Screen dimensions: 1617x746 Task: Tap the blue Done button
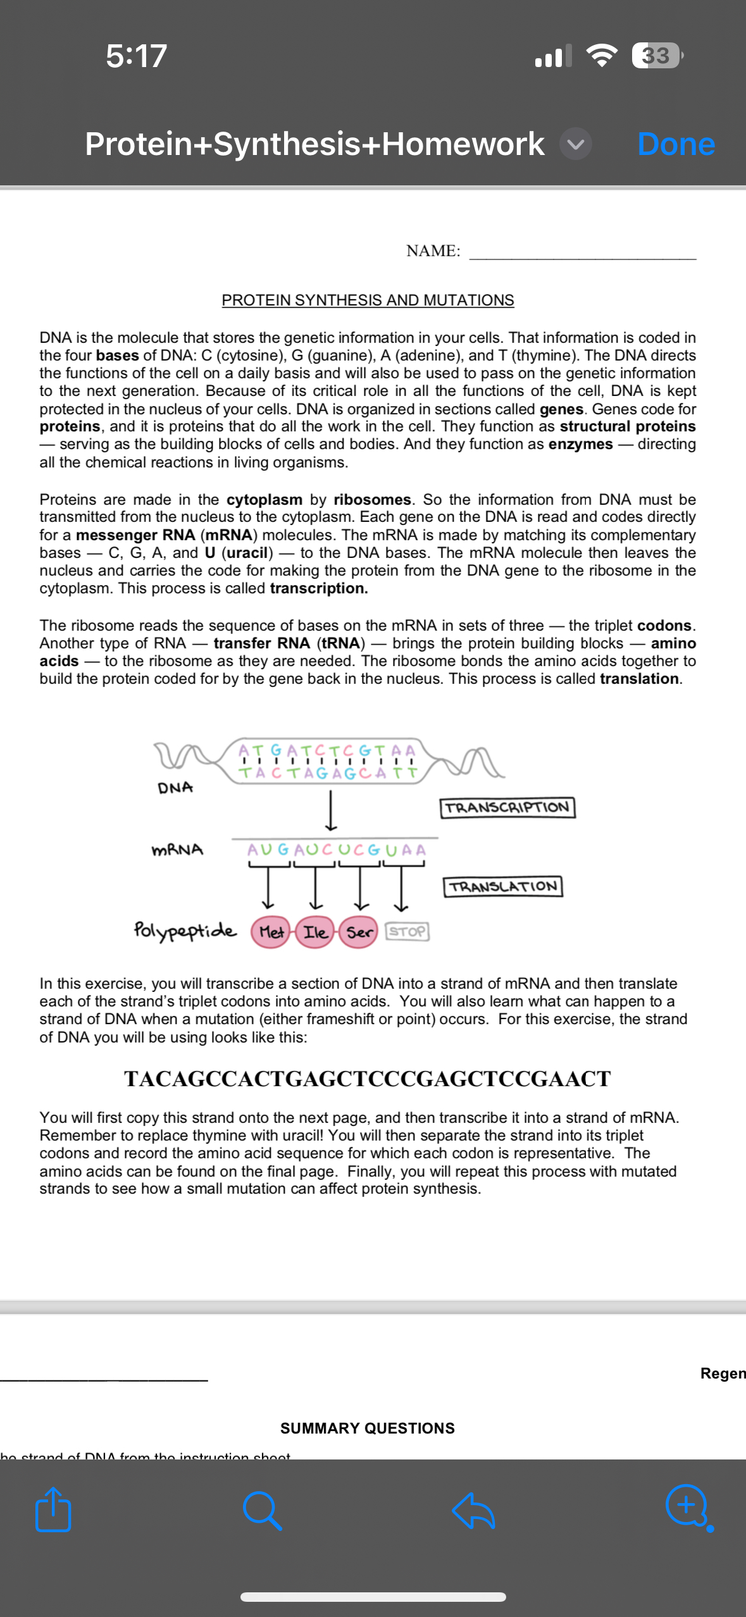[x=676, y=144]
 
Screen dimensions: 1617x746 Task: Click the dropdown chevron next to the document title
[x=575, y=144]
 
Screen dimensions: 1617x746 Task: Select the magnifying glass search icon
[x=262, y=1510]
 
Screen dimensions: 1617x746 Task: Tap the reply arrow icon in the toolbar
[x=474, y=1510]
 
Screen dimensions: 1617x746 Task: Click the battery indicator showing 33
[x=657, y=56]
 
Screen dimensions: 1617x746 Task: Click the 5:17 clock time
[x=136, y=56]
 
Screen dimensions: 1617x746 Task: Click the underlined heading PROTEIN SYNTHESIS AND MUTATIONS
[x=368, y=300]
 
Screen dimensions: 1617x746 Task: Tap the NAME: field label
[x=433, y=251]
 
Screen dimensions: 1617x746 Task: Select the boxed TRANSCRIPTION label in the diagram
[x=507, y=807]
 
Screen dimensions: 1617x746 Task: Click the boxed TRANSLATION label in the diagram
[x=503, y=886]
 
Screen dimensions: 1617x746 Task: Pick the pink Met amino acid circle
[x=271, y=932]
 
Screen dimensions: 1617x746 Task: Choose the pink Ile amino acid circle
[x=315, y=932]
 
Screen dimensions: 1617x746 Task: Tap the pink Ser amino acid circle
[x=359, y=932]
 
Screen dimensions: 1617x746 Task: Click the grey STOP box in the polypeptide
[x=407, y=931]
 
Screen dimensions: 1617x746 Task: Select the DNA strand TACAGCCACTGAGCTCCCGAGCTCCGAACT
[x=368, y=1079]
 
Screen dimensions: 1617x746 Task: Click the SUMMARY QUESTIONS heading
[x=368, y=1428]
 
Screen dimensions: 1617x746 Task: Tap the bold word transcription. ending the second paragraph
[x=319, y=588]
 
